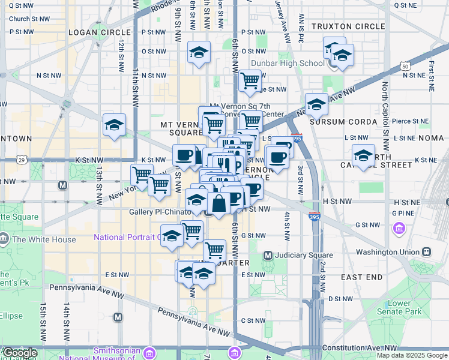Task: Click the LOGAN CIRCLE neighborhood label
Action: [x=99, y=32]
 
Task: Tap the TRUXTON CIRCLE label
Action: [x=348, y=26]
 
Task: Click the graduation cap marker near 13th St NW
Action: [x=114, y=125]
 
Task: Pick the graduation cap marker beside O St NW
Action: [x=199, y=52]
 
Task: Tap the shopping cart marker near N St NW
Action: [x=250, y=80]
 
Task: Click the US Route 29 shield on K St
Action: [x=22, y=160]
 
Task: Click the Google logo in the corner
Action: [x=19, y=353]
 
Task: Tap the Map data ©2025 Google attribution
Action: [x=412, y=355]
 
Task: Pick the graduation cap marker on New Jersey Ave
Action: [x=316, y=104]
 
